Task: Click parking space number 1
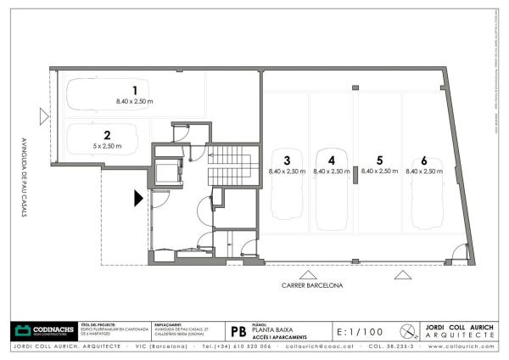coord(133,90)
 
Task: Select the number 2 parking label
coord(107,135)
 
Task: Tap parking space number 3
coord(287,160)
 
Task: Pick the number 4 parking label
coord(332,160)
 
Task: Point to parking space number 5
coord(379,160)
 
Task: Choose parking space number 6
coord(423,160)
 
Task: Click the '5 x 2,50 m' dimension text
coord(107,146)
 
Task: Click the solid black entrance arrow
coord(137,199)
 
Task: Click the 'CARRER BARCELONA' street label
coord(312,286)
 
